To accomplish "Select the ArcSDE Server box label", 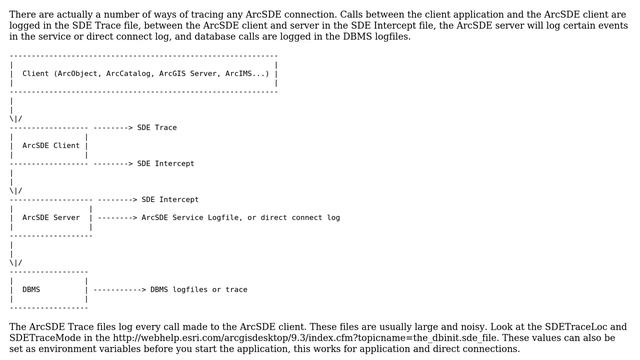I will click(51, 217).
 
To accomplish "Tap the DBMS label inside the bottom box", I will click(31, 290).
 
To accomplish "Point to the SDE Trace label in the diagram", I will click(157, 127).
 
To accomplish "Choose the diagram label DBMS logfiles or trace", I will click(199, 290).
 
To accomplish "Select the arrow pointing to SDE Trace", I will click(115, 127).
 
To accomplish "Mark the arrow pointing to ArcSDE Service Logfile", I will click(117, 217).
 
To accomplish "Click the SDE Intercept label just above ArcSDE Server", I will click(170, 199).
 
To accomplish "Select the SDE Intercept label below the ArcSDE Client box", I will click(166, 163).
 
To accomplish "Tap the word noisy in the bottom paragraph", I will click(393, 326).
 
